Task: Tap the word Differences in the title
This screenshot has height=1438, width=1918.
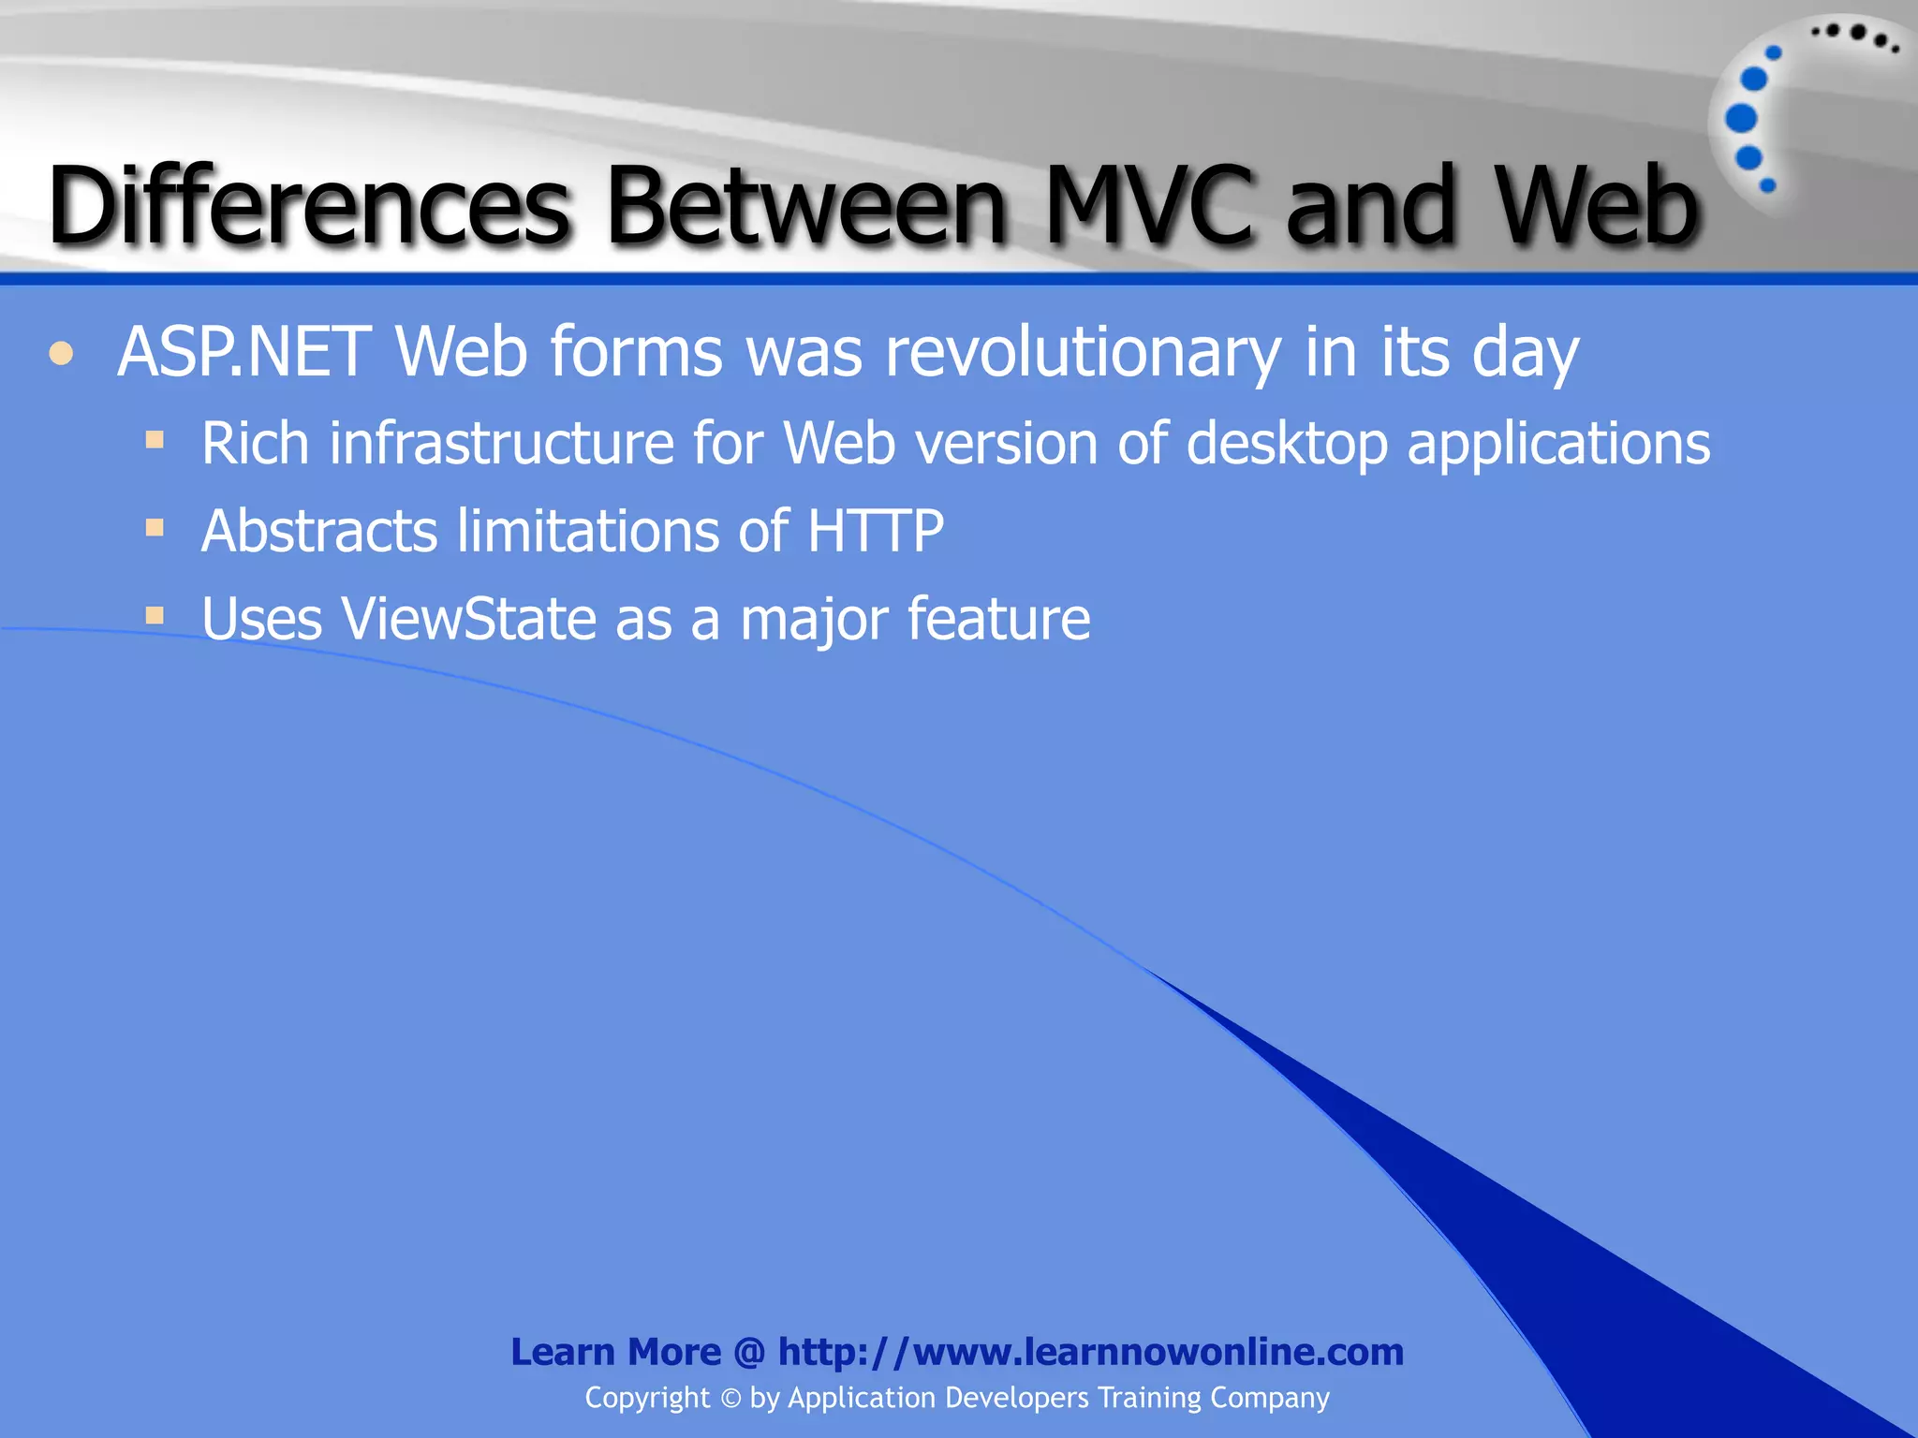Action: point(309,205)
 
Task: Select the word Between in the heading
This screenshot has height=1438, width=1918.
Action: point(806,205)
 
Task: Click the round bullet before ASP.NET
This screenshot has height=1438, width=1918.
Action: point(62,354)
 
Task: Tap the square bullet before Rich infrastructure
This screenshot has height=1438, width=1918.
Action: point(155,439)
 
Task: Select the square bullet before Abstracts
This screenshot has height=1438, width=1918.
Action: point(155,528)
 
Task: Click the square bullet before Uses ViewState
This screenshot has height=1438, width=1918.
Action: point(155,616)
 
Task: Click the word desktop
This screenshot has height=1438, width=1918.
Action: point(1287,444)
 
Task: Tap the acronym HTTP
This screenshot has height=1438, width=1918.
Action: point(876,531)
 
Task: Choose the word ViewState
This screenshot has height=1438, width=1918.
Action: point(468,619)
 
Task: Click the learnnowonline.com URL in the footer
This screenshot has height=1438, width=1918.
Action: point(1091,1352)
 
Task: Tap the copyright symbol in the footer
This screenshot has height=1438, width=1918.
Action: point(730,1399)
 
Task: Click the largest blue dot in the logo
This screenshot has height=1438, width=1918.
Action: point(1741,118)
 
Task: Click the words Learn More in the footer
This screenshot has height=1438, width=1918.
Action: point(615,1352)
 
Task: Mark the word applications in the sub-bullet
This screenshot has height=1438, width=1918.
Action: point(1558,444)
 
